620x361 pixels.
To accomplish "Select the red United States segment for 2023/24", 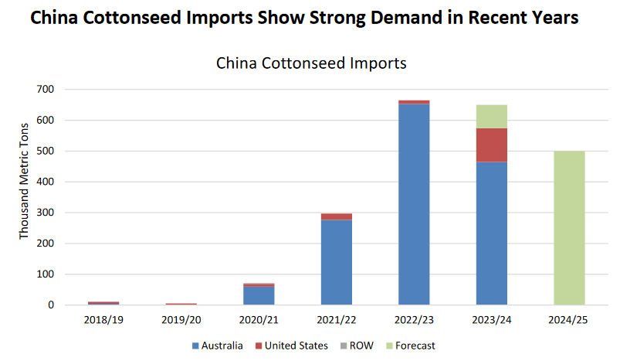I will (x=492, y=145).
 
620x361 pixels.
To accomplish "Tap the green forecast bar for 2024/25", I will (x=569, y=228).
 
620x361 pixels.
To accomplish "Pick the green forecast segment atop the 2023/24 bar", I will (x=492, y=116).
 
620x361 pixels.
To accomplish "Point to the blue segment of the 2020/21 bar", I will (x=259, y=296).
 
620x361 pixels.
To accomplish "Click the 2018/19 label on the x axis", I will (x=103, y=318).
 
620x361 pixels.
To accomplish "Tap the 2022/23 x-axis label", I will (x=414, y=318).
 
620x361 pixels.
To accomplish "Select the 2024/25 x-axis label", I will (x=569, y=318).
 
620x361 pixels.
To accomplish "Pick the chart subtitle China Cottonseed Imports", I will (x=310, y=63).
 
